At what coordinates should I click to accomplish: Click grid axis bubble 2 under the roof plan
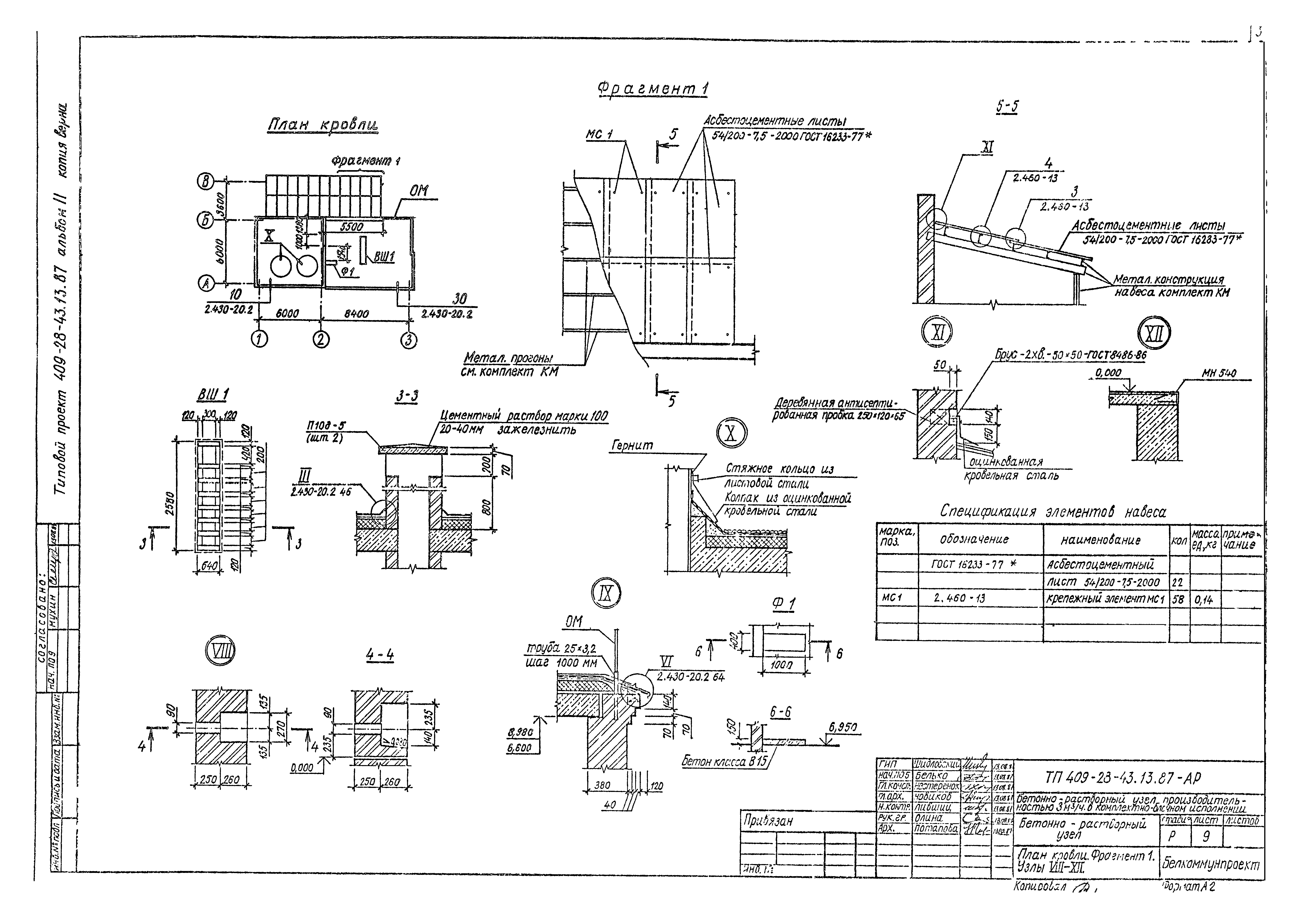[321, 339]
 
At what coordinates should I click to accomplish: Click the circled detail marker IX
[607, 593]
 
